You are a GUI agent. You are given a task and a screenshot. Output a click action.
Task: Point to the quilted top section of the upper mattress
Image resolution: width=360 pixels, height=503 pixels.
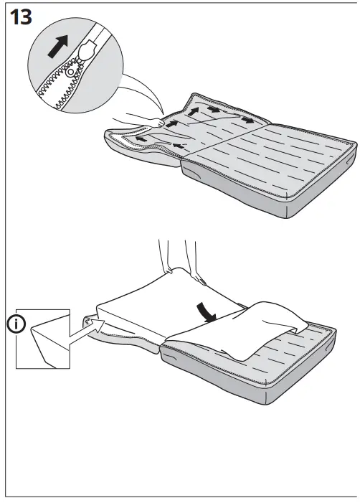pos(287,158)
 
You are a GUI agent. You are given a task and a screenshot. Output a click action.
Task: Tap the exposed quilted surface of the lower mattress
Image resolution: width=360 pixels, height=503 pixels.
pos(316,344)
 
